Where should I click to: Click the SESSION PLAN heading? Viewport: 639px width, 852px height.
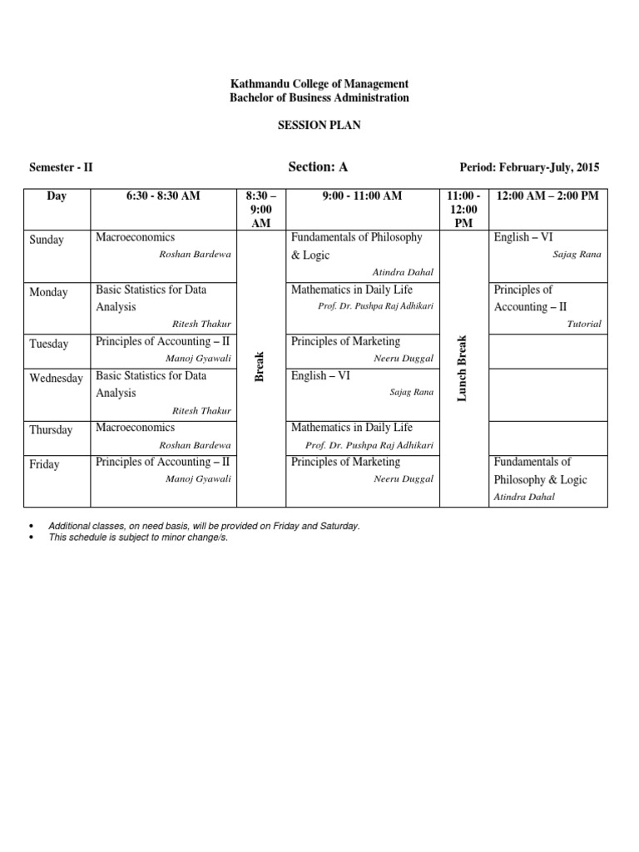click(x=319, y=126)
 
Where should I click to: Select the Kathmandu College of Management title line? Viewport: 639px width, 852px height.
click(x=319, y=84)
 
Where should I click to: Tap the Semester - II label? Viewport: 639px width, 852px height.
click(x=61, y=168)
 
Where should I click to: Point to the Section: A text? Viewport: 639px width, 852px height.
click(x=318, y=167)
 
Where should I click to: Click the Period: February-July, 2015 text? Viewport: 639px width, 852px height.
click(x=528, y=168)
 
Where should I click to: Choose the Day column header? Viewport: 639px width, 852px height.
click(x=57, y=196)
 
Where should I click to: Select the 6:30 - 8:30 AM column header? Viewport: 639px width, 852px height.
click(x=164, y=196)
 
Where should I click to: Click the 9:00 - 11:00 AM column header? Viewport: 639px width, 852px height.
click(x=362, y=196)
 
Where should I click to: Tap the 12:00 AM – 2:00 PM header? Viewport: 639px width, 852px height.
click(x=547, y=196)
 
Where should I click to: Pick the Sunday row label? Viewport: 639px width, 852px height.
click(x=47, y=240)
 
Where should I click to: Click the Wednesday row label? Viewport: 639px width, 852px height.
click(x=56, y=379)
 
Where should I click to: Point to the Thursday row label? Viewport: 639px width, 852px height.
click(x=51, y=430)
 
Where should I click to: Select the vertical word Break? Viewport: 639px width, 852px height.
click(x=259, y=366)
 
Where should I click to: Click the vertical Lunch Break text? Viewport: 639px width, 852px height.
click(x=463, y=368)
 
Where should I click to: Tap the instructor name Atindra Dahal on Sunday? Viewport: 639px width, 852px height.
click(x=404, y=272)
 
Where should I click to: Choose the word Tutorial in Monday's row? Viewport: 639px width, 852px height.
click(x=583, y=324)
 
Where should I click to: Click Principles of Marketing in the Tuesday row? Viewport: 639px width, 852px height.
click(x=345, y=341)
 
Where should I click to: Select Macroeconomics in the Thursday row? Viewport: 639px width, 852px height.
click(x=136, y=428)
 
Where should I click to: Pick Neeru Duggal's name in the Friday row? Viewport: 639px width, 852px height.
click(x=404, y=479)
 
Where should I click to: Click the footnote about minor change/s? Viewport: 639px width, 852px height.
click(x=137, y=537)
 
